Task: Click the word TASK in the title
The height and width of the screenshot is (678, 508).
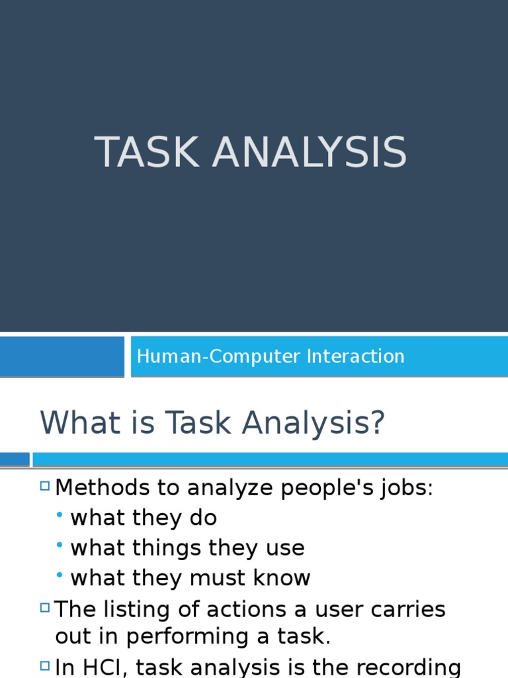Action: click(x=148, y=152)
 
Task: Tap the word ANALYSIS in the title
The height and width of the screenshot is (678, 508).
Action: click(x=309, y=152)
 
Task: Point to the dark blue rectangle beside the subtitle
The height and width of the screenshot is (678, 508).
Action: click(x=62, y=356)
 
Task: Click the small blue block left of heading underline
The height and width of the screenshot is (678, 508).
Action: click(x=15, y=459)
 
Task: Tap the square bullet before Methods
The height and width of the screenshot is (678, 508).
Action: click(x=45, y=487)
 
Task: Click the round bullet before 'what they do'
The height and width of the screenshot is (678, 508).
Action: click(x=60, y=515)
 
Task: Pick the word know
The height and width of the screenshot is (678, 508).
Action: click(x=283, y=578)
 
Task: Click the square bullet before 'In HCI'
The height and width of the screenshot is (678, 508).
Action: click(x=45, y=665)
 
